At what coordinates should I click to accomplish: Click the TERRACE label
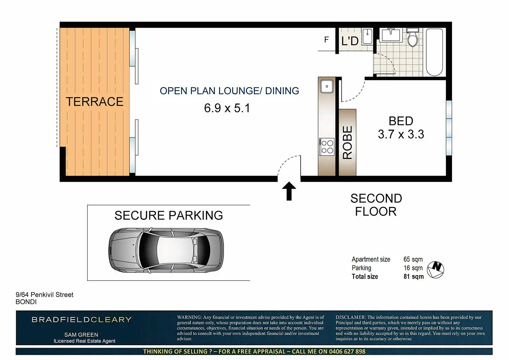pos(94,102)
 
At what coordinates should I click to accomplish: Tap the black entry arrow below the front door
pos(289,191)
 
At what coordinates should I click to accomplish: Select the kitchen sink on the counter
pos(327,86)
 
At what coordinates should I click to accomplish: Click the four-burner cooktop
pos(327,147)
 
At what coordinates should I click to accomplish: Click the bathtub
pos(434,52)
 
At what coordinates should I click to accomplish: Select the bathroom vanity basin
pos(391,35)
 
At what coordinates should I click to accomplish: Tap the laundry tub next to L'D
pos(367,36)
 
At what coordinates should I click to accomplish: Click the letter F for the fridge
pos(326,40)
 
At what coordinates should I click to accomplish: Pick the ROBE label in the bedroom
pos(347,143)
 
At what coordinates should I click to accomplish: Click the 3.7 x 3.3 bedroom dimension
pos(401,134)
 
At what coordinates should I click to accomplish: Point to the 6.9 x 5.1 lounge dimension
pos(227,108)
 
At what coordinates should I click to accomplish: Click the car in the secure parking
pos(166,250)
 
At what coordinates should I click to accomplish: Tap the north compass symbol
pos(436,270)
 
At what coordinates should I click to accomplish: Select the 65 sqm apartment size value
pos(413,259)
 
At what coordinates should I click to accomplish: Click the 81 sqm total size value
pos(414,277)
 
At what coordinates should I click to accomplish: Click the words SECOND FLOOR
pos(376,205)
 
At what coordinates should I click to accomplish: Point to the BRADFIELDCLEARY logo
pos(81,320)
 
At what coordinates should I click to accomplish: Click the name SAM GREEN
pos(81,335)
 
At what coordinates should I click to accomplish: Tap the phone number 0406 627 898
pos(347,352)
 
